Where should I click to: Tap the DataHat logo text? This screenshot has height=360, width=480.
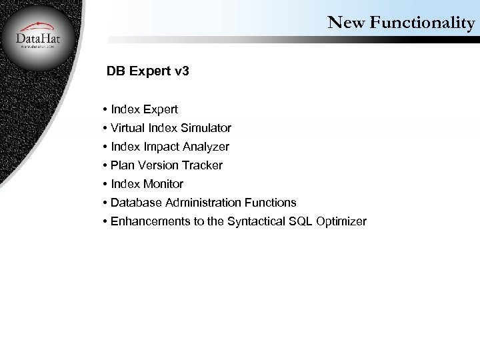coord(38,39)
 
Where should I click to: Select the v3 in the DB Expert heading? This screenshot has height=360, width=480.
coord(180,71)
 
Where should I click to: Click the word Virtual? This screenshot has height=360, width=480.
coord(127,127)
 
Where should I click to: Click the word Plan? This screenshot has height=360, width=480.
coord(122,165)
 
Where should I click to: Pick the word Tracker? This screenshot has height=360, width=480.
coord(202,165)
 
